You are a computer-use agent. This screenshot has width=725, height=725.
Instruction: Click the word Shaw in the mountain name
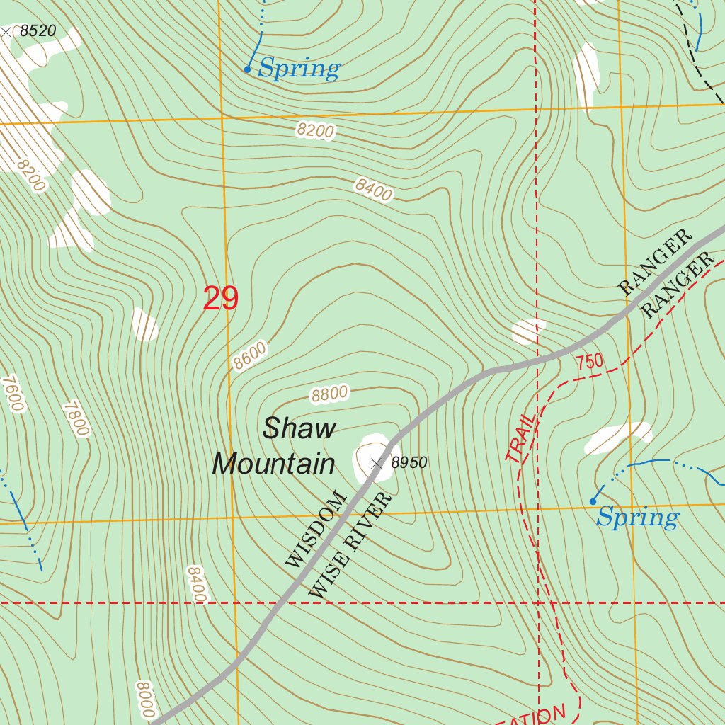click(299, 428)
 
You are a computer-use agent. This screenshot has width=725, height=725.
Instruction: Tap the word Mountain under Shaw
click(274, 464)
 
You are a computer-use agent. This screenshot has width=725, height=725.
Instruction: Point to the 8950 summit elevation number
click(409, 463)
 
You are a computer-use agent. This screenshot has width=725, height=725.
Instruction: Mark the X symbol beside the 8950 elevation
click(377, 463)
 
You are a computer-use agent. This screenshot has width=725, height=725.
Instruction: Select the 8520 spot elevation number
click(38, 31)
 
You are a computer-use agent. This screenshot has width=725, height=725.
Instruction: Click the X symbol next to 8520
click(6, 32)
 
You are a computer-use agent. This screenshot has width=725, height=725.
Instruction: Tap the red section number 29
click(220, 299)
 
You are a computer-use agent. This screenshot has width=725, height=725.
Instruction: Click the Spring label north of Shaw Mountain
click(299, 69)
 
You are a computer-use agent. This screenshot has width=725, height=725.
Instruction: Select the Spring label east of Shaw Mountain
click(637, 518)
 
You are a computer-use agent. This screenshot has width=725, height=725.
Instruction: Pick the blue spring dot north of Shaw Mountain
click(247, 69)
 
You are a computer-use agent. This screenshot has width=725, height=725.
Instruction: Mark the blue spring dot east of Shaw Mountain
click(593, 501)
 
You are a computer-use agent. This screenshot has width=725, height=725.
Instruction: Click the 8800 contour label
click(330, 394)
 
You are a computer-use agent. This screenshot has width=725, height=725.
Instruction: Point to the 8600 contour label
click(251, 356)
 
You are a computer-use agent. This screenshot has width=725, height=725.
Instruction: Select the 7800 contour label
click(76, 418)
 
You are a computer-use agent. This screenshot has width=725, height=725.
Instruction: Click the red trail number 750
click(590, 362)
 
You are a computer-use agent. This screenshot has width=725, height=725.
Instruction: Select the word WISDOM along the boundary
click(316, 528)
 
